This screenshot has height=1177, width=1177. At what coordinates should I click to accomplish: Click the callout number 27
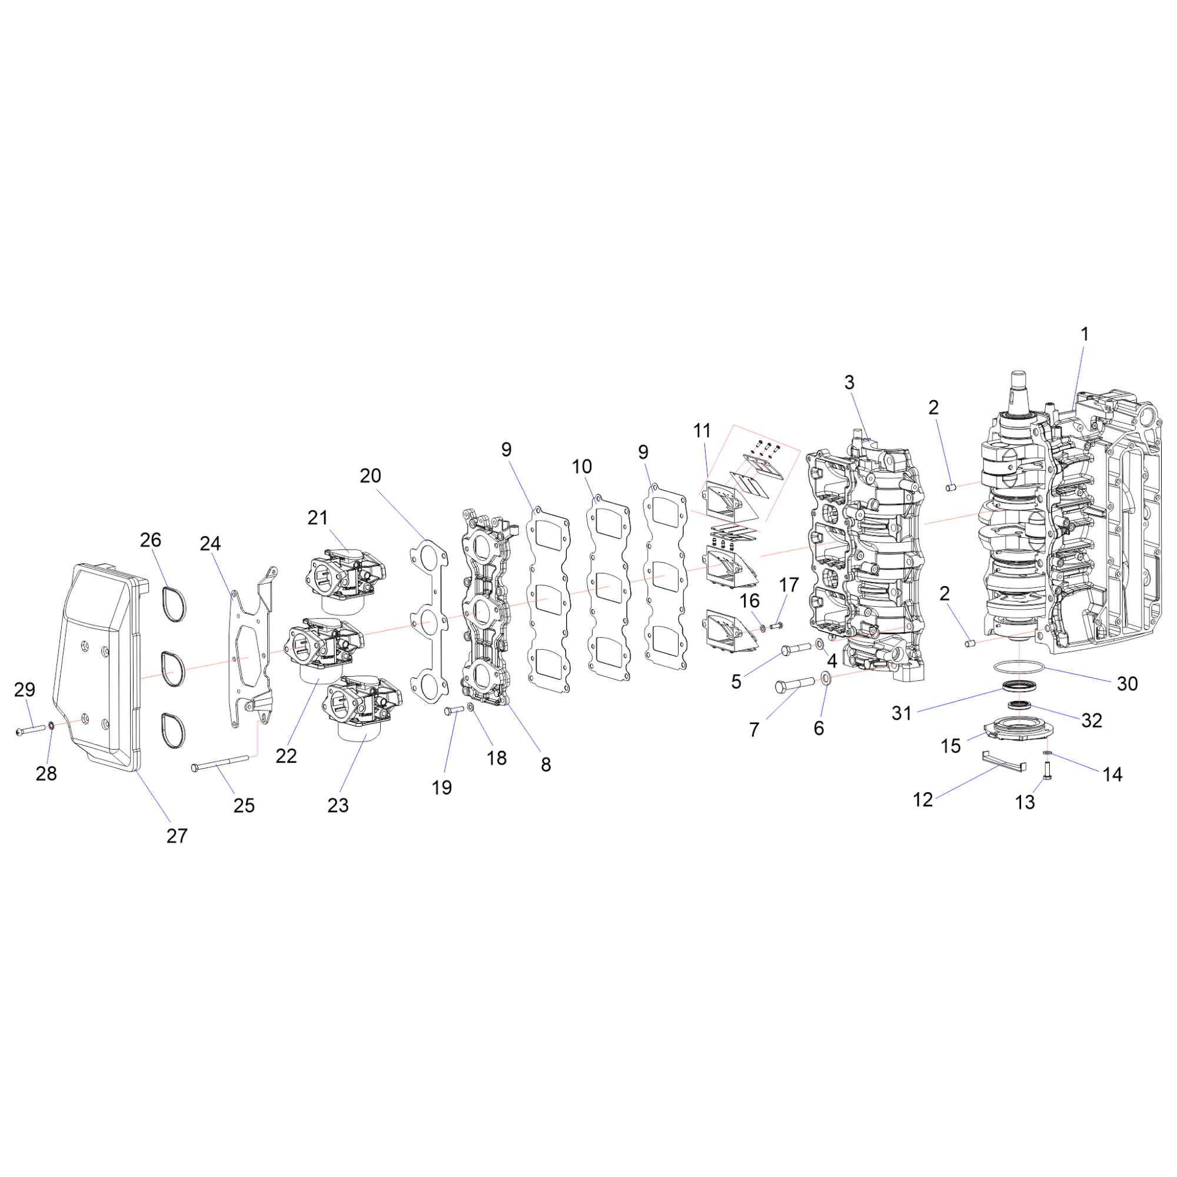pyautogui.click(x=177, y=836)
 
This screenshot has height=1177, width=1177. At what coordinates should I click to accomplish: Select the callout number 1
pyautogui.click(x=1085, y=334)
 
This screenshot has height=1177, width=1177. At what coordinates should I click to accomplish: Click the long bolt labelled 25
pyautogui.click(x=220, y=763)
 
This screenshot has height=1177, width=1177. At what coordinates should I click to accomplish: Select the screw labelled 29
pyautogui.click(x=31, y=729)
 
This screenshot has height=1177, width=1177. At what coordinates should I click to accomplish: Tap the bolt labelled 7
pyautogui.click(x=794, y=684)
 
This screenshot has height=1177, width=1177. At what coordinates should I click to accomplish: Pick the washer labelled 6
pyautogui.click(x=826, y=677)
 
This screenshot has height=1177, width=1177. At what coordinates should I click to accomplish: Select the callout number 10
pyautogui.click(x=582, y=467)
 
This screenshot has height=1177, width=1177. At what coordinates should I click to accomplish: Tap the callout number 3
pyautogui.click(x=849, y=382)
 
